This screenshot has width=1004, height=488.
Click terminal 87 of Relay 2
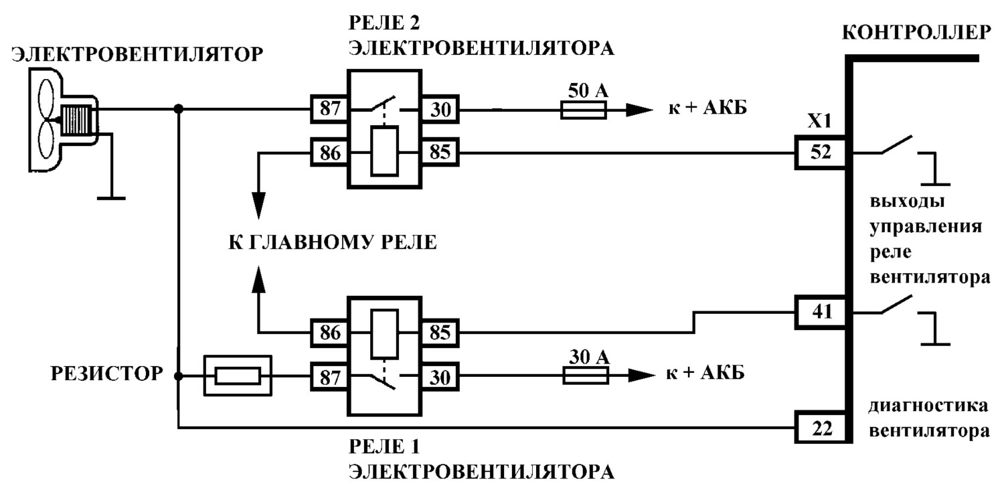point(329,109)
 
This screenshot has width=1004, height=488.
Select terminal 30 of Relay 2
point(440,109)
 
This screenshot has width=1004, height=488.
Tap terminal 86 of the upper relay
point(329,153)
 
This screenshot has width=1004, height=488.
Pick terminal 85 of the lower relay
point(440,333)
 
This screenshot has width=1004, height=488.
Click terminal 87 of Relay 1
point(329,376)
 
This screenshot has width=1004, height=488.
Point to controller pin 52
point(821,153)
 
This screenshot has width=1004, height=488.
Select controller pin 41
point(821,312)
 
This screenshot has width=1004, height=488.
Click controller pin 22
point(821,428)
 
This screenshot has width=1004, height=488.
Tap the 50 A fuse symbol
point(584,109)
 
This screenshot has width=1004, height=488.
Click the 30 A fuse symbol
point(586,376)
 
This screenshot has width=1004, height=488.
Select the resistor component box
point(238,376)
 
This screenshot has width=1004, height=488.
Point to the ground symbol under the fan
point(111,197)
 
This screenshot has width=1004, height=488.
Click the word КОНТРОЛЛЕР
point(916,33)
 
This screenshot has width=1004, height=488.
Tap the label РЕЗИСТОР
point(106,374)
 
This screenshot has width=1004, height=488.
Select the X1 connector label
point(819,121)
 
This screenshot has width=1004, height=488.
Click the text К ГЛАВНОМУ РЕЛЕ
point(333,242)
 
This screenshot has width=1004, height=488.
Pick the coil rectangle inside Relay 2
point(385,151)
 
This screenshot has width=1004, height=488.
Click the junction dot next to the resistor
point(179,376)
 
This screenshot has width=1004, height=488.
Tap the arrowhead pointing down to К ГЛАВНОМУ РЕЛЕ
point(258,206)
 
